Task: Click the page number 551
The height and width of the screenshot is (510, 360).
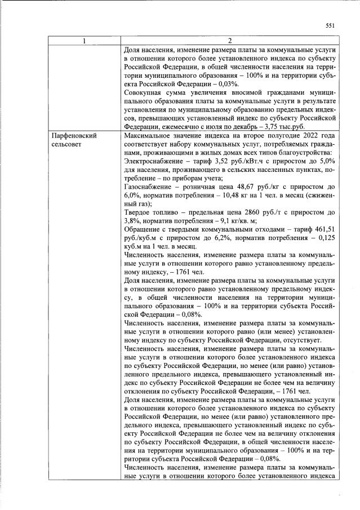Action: (x=331, y=25)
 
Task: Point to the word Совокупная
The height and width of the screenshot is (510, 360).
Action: (x=145, y=92)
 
